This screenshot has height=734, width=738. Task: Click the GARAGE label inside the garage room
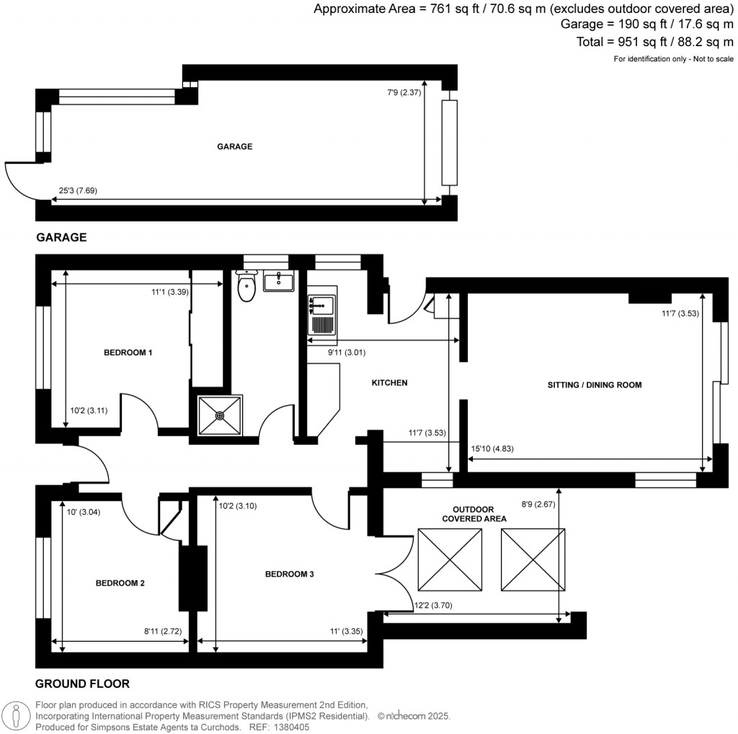[235, 146]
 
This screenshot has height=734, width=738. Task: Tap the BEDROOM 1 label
[128, 353]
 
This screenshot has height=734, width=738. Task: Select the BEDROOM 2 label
[120, 583]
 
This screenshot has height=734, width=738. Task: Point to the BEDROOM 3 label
[290, 574]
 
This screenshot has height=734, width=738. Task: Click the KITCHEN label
[389, 383]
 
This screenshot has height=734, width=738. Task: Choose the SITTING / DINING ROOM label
[594, 385]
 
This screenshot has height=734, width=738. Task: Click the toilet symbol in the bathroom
[246, 286]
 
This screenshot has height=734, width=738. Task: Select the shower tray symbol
[219, 415]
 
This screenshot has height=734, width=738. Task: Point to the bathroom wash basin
[278, 280]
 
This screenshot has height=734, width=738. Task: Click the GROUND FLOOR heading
[82, 684]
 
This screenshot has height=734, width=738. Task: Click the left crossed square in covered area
[450, 558]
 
